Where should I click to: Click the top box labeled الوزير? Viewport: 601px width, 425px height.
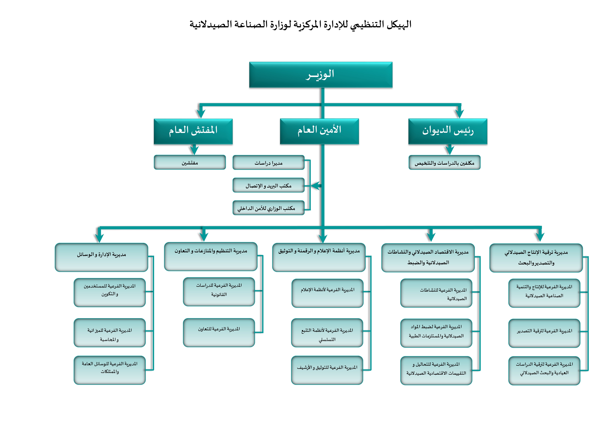[321, 75]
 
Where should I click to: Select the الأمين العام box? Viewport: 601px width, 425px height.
[319, 131]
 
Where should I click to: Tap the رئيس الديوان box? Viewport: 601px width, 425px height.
[448, 131]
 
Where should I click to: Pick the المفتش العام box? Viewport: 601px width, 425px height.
[193, 131]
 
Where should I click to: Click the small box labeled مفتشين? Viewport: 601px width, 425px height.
[190, 162]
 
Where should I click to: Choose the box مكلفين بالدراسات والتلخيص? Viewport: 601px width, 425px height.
[445, 162]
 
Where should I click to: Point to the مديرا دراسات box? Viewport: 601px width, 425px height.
[269, 162]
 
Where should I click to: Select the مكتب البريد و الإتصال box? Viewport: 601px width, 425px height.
[269, 185]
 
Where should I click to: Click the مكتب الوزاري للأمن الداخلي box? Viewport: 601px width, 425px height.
[269, 208]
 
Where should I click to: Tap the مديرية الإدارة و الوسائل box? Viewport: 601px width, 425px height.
[101, 257]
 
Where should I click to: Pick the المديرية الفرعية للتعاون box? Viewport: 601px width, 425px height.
[219, 332]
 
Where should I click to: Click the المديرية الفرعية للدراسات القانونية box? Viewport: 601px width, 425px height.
[219, 292]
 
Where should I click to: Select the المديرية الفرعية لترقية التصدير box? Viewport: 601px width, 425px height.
[544, 333]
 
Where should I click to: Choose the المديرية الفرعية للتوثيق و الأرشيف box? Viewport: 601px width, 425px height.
[327, 370]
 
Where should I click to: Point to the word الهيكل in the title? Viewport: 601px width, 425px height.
[399, 24]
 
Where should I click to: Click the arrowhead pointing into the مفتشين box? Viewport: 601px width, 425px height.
[194, 150]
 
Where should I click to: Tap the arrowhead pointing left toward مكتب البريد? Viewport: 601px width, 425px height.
[316, 185]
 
